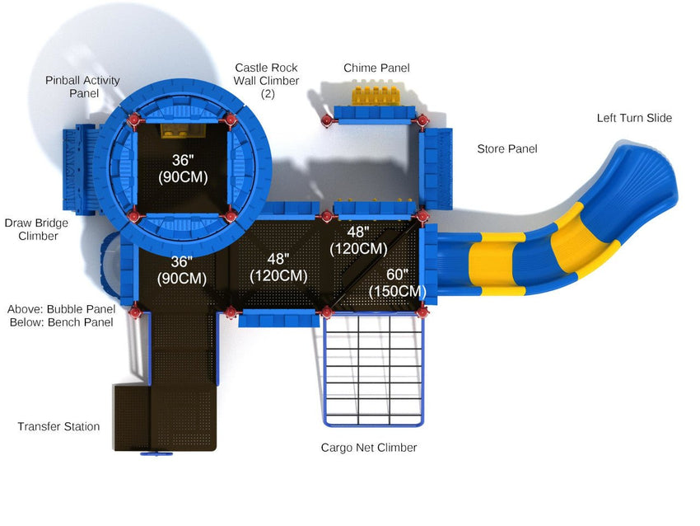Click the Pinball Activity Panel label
tap(82, 87)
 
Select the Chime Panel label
tap(376, 68)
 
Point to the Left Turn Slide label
tap(634, 118)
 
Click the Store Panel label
tap(507, 149)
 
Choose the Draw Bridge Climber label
tap(36, 229)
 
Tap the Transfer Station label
tap(58, 426)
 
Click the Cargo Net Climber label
tap(369, 448)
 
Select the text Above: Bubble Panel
tap(61, 309)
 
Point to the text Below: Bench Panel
tap(61, 322)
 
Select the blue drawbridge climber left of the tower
tap(78, 166)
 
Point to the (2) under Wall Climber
tap(267, 94)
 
